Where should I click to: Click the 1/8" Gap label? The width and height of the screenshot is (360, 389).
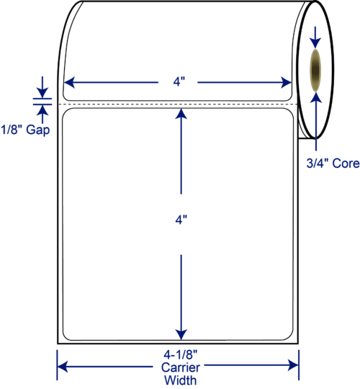pyautogui.click(x=25, y=130)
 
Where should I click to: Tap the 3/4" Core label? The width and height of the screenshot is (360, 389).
pyautogui.click(x=333, y=164)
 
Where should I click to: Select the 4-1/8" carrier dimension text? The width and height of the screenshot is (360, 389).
pyautogui.click(x=180, y=355)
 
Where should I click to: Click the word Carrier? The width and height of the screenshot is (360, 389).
pyautogui.click(x=181, y=367)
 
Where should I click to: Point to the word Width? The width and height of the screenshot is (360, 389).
pyautogui.click(x=181, y=380)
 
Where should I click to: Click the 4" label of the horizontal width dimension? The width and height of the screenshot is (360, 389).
pyautogui.click(x=179, y=81)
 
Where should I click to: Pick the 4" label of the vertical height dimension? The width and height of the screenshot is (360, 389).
pyautogui.click(x=181, y=220)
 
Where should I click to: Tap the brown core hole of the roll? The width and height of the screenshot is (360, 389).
pyautogui.click(x=315, y=70)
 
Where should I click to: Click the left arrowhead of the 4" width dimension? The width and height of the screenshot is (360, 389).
pyautogui.click(x=69, y=82)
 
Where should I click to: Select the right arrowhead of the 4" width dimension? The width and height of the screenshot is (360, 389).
pyautogui.click(x=286, y=82)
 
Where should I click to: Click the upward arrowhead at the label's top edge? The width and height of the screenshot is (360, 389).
pyautogui.click(x=181, y=114)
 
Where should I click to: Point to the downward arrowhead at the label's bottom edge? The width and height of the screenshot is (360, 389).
pyautogui.click(x=181, y=335)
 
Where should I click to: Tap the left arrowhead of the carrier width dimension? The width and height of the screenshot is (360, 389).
pyautogui.click(x=63, y=366)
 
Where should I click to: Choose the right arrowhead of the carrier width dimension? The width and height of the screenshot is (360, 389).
pyautogui.click(x=293, y=365)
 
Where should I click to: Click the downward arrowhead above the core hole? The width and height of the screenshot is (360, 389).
pyautogui.click(x=315, y=43)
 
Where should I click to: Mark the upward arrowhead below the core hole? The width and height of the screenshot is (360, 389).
pyautogui.click(x=316, y=97)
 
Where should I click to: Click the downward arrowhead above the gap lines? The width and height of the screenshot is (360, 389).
pyautogui.click(x=42, y=93)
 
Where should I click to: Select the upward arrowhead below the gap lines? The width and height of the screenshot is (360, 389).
pyautogui.click(x=42, y=110)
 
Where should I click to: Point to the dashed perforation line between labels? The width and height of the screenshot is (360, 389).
pyautogui.click(x=178, y=104)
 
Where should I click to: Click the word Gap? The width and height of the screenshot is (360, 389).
pyautogui.click(x=38, y=130)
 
